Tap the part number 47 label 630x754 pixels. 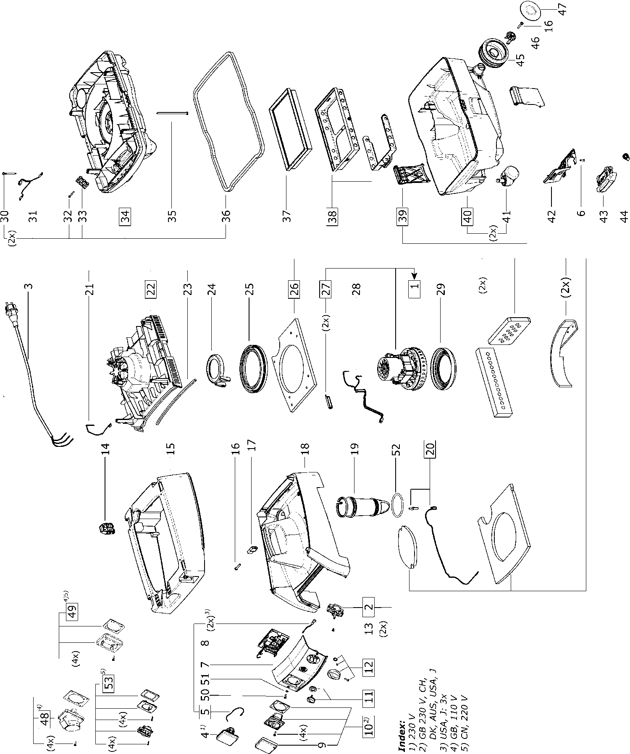pos(562,9)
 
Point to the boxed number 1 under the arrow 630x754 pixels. pos(414,288)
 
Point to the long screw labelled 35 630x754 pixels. pos(172,112)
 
